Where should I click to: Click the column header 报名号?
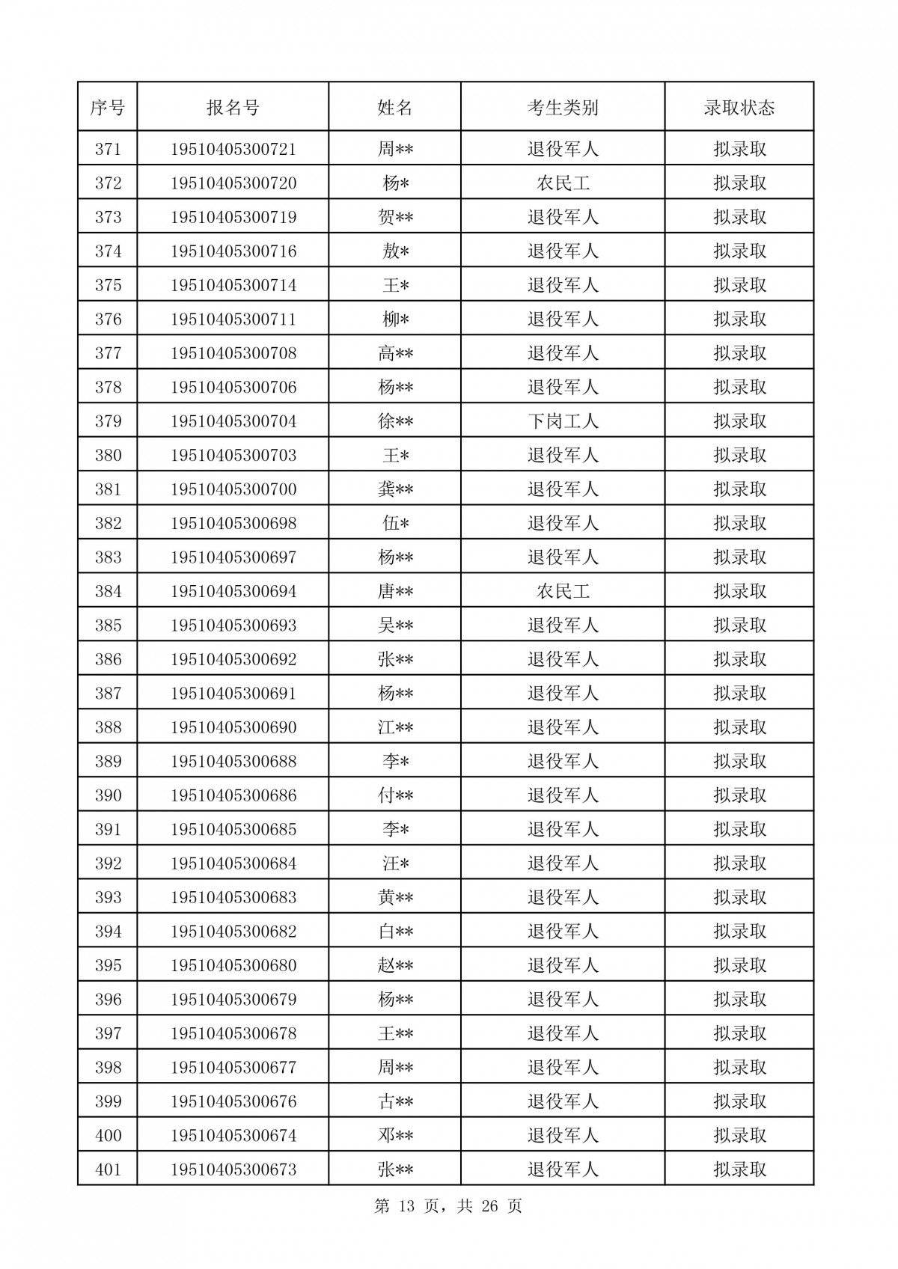(233, 108)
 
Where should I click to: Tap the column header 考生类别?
(563, 108)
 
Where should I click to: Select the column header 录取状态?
(739, 108)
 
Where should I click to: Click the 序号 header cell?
(108, 108)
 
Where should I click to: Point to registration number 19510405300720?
(233, 183)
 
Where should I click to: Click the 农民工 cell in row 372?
(563, 183)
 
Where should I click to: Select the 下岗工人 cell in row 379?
(563, 421)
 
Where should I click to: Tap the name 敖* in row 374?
(395, 251)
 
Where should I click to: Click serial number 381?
(108, 489)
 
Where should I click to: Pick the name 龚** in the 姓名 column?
(395, 489)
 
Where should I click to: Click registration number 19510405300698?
(233, 523)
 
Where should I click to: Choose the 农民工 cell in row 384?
(563, 591)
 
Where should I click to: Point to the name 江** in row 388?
(395, 727)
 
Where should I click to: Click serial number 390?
(108, 795)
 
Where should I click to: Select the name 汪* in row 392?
(395, 863)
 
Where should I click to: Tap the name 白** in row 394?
(395, 932)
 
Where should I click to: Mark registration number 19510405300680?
(233, 965)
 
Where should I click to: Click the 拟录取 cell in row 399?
(739, 1101)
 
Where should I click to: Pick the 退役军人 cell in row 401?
(563, 1169)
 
